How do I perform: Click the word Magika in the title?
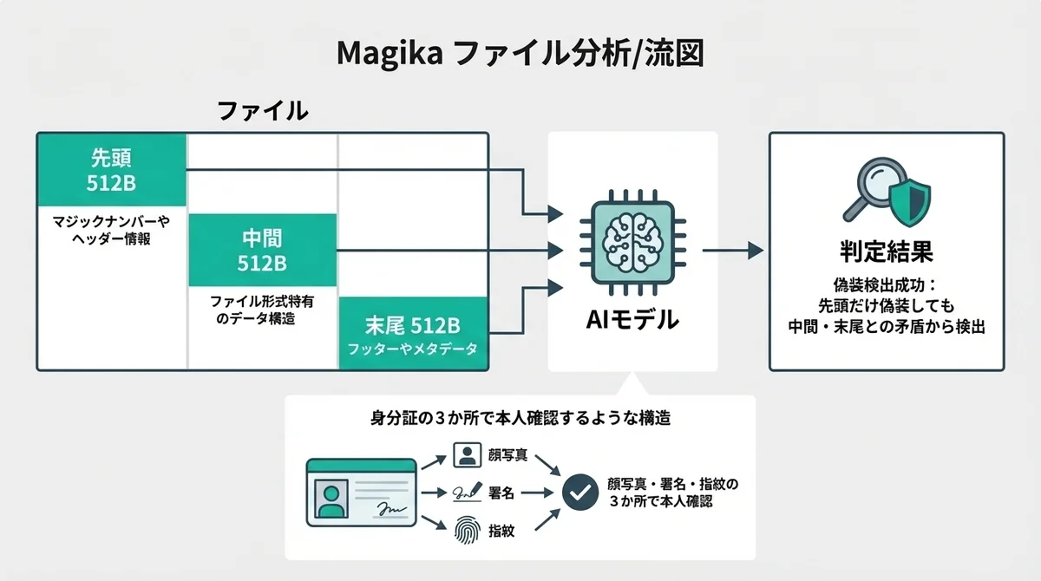[388, 54]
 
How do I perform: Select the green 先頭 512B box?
[112, 169]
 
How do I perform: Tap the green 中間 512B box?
[262, 250]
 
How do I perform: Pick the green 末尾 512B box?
[413, 335]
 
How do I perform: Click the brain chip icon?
[632, 239]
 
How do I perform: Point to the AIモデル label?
[632, 320]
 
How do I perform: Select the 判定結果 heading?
[886, 252]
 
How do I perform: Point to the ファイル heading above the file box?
[262, 112]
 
